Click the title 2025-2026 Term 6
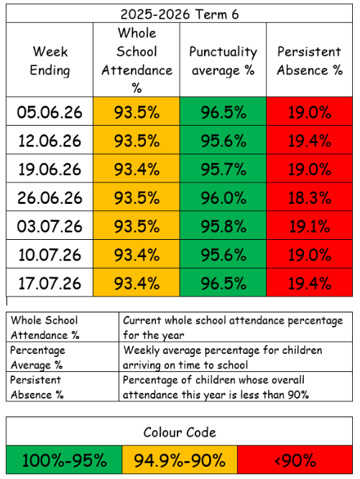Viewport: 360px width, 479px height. pyautogui.click(x=180, y=14)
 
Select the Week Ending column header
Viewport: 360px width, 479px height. pyautogui.click(x=50, y=60)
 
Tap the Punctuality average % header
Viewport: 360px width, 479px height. pyautogui.click(x=223, y=60)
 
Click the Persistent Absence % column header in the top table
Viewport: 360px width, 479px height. pyautogui.click(x=310, y=60)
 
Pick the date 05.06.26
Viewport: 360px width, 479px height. pyautogui.click(x=50, y=112)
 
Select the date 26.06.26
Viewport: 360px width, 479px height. pyautogui.click(x=50, y=197)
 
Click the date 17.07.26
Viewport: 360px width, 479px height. pyautogui.click(x=50, y=283)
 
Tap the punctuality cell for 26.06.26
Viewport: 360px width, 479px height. pyautogui.click(x=223, y=197)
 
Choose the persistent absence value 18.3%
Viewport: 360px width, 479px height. pyautogui.click(x=310, y=197)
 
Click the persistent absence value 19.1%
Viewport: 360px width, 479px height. pyautogui.click(x=310, y=226)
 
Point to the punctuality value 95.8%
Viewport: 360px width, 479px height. pyautogui.click(x=223, y=226)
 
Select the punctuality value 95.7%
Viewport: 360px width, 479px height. pyautogui.click(x=223, y=169)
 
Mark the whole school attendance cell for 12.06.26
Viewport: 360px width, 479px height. pyautogui.click(x=137, y=140)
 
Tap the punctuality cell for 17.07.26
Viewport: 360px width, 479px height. pyautogui.click(x=223, y=282)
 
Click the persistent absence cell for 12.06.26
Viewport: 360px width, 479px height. pyautogui.click(x=310, y=140)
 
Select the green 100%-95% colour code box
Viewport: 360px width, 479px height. pyautogui.click(x=64, y=460)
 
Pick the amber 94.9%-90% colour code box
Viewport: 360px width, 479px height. pyautogui.click(x=180, y=460)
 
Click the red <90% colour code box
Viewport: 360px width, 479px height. pyautogui.click(x=295, y=460)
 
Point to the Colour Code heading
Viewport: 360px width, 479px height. pyautogui.click(x=180, y=432)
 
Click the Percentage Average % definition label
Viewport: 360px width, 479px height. pyautogui.click(x=37, y=358)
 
